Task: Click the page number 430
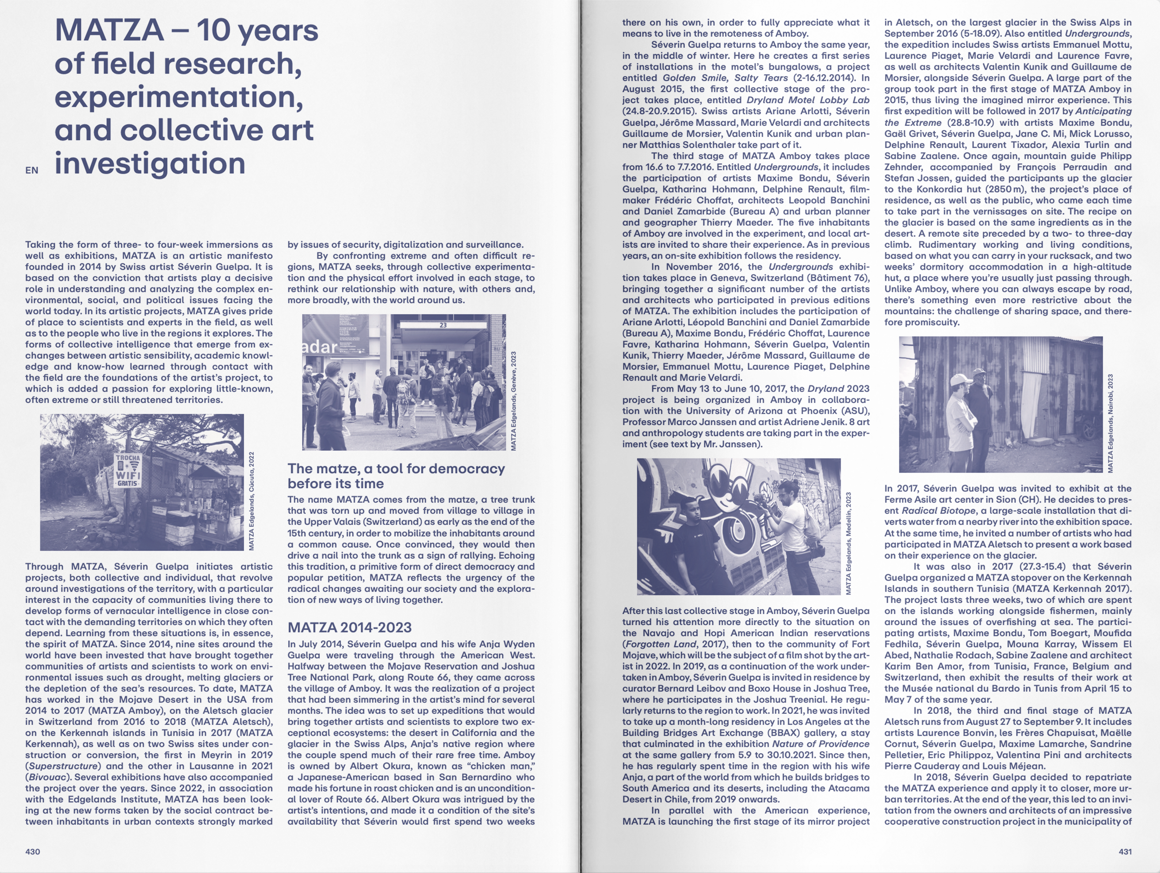32,851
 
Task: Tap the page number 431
1125,851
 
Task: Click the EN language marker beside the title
32,170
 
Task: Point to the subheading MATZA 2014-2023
349,627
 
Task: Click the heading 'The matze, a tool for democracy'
396,468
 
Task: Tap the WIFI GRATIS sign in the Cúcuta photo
128,470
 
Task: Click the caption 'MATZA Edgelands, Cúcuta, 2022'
251,501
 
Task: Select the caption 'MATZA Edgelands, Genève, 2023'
513,401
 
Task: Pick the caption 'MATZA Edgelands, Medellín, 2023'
849,543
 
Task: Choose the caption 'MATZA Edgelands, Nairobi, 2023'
1110,423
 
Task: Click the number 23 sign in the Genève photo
443,325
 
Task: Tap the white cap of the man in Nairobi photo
959,379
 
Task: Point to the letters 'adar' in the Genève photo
319,347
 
